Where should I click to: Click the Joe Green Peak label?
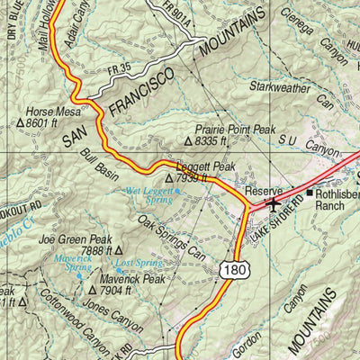click(x=76, y=240)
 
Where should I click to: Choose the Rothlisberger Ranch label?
click(x=336, y=199)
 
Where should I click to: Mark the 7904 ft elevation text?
click(x=110, y=291)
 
